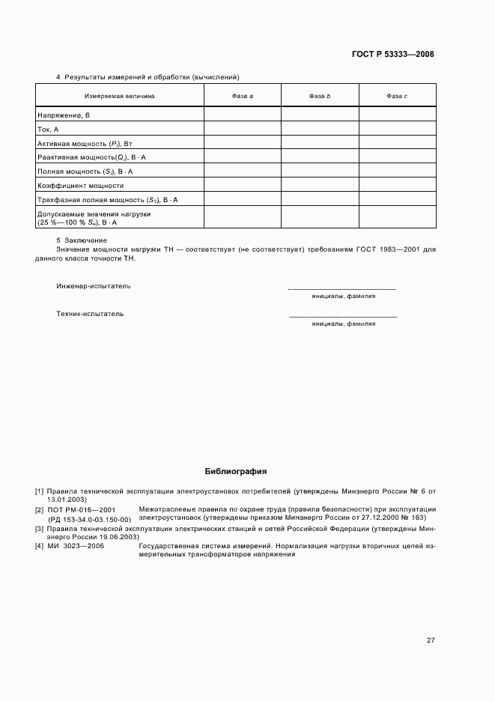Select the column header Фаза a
click(242, 96)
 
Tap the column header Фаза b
click(320, 96)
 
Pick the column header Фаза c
click(397, 96)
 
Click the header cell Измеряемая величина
click(120, 96)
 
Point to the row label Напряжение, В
click(64, 115)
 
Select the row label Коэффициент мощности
click(80, 185)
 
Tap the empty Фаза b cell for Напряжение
click(320, 115)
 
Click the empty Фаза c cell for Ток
click(397, 130)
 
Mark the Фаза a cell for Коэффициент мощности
click(242, 185)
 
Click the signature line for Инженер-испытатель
click(342, 288)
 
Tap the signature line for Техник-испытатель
click(343, 315)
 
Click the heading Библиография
click(236, 472)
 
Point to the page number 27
click(431, 640)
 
